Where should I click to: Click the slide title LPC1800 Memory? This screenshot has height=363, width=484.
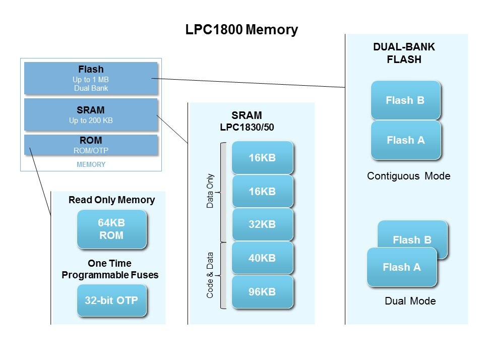241,30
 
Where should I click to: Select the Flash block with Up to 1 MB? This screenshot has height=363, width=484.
91,78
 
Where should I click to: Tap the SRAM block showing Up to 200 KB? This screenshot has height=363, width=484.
91,114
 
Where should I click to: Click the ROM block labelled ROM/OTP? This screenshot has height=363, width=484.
91,145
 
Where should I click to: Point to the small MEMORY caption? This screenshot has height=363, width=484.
91,164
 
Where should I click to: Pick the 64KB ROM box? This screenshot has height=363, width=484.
111,229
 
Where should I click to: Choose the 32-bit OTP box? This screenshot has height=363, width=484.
111,300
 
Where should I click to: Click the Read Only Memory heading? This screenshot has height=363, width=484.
111,200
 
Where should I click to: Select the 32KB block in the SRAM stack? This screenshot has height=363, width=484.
262,224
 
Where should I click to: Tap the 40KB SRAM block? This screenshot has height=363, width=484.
262,258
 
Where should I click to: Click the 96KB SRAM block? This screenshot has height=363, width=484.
262,291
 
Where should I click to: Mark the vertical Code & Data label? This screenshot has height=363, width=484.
210,275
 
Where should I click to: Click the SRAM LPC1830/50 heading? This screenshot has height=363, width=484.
247,121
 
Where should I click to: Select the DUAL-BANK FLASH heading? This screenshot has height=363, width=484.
404,53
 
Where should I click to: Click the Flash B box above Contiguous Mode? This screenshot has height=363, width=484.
405,100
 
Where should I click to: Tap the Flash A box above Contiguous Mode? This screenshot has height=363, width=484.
405,140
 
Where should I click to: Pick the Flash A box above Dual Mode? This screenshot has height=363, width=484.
401,267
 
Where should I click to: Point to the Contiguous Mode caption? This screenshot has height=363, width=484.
408,176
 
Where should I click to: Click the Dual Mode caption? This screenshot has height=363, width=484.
410,301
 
